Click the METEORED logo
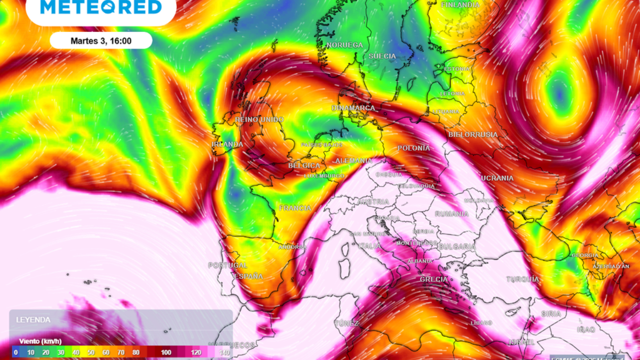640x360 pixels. [101, 7]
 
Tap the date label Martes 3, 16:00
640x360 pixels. [101, 41]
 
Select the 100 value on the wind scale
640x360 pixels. [166, 352]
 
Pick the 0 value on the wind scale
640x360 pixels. [15, 352]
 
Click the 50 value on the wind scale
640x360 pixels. [91, 352]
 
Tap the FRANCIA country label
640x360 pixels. [295, 208]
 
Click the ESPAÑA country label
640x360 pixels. [248, 276]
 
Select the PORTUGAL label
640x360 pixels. [227, 265]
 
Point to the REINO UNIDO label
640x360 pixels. [259, 120]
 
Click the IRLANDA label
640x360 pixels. [227, 144]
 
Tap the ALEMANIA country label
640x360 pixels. [353, 160]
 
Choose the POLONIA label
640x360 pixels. [413, 148]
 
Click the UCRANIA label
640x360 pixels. [497, 178]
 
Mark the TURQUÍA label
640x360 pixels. [522, 279]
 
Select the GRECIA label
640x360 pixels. [433, 279]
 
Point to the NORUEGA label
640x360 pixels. [344, 45]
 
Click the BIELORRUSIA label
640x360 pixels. [473, 134]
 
